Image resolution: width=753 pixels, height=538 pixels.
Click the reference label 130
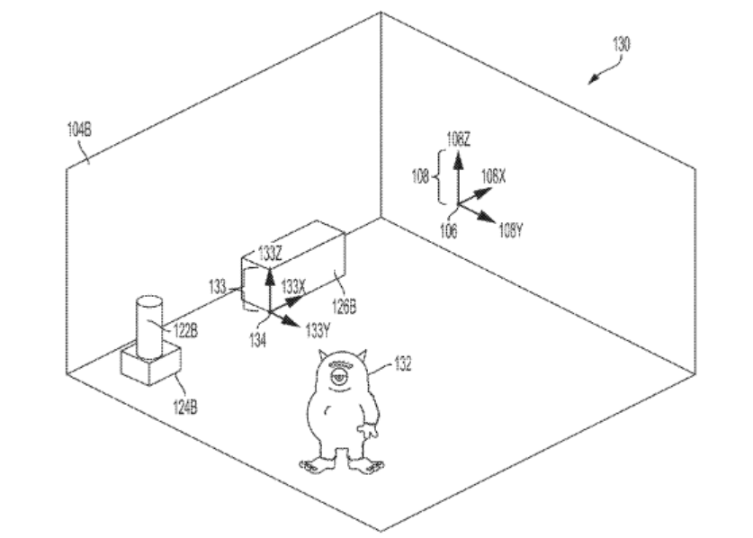pos(621,45)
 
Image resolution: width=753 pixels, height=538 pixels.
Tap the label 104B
pos(79,130)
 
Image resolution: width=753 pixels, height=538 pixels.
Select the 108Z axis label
pos(458,139)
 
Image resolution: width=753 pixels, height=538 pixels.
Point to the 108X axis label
pos(493,177)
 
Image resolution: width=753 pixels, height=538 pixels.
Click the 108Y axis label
pos(510,231)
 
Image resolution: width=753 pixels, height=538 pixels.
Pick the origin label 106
pos(449,231)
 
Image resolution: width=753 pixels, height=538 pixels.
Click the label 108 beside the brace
pos(420,177)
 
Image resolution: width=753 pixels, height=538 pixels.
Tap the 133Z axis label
pos(270,253)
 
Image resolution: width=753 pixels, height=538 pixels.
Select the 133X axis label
pos(293,287)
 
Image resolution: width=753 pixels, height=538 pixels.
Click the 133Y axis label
pos(318,330)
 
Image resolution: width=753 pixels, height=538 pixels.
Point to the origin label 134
pos(257,340)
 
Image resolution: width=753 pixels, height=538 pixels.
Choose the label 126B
pos(345,307)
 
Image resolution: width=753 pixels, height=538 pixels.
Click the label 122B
pos(185,331)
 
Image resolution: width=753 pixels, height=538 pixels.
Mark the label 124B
pos(185,408)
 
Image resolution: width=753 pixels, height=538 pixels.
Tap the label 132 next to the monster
pos(403,363)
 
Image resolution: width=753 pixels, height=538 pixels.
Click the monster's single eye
pos(338,376)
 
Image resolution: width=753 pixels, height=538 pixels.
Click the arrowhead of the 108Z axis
pos(459,160)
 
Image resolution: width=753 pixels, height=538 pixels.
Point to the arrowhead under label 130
pos(594,80)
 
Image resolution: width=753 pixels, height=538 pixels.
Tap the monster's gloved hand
pos(369,430)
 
